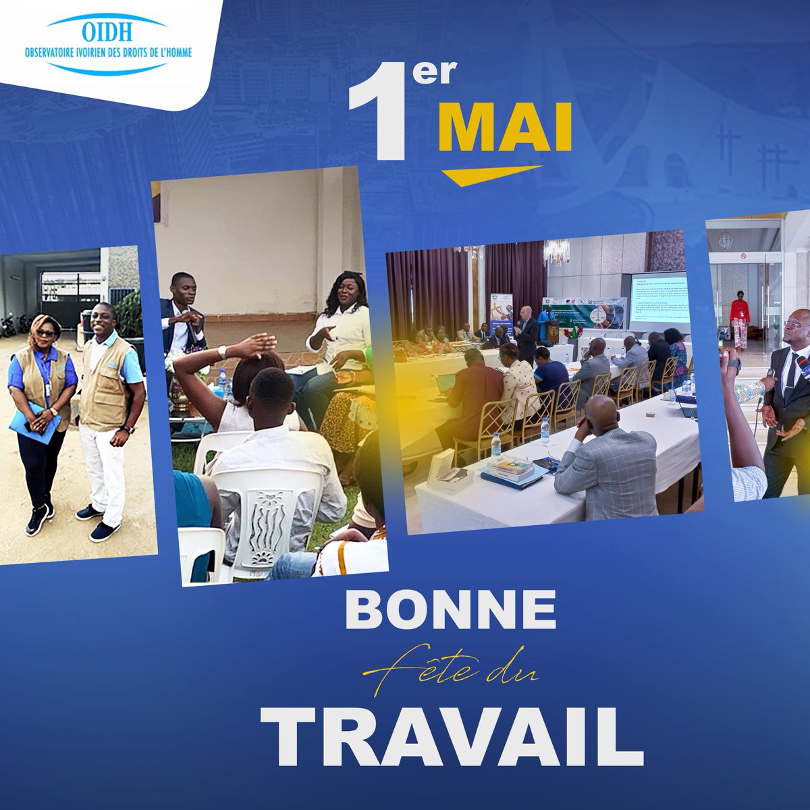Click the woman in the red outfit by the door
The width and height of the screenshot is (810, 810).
tap(739, 321)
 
